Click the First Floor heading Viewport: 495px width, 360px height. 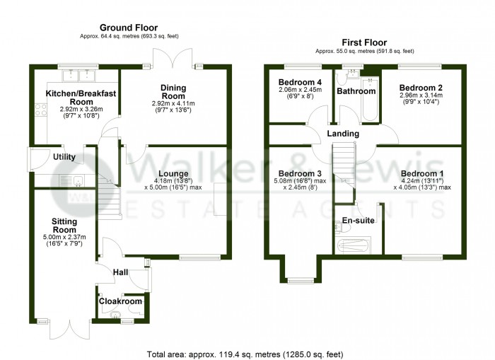[364, 42]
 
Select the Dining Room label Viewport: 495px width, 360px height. [173, 93]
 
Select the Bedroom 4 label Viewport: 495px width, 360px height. [300, 83]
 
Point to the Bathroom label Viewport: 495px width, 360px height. [356, 91]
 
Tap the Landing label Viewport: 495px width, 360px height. [342, 134]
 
